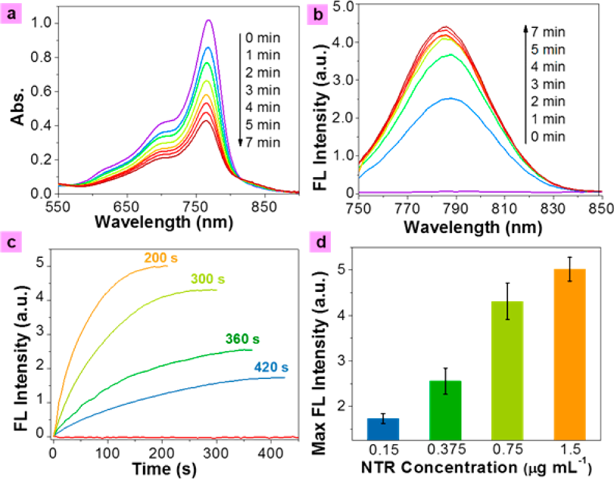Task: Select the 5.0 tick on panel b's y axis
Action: pos(344,5)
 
